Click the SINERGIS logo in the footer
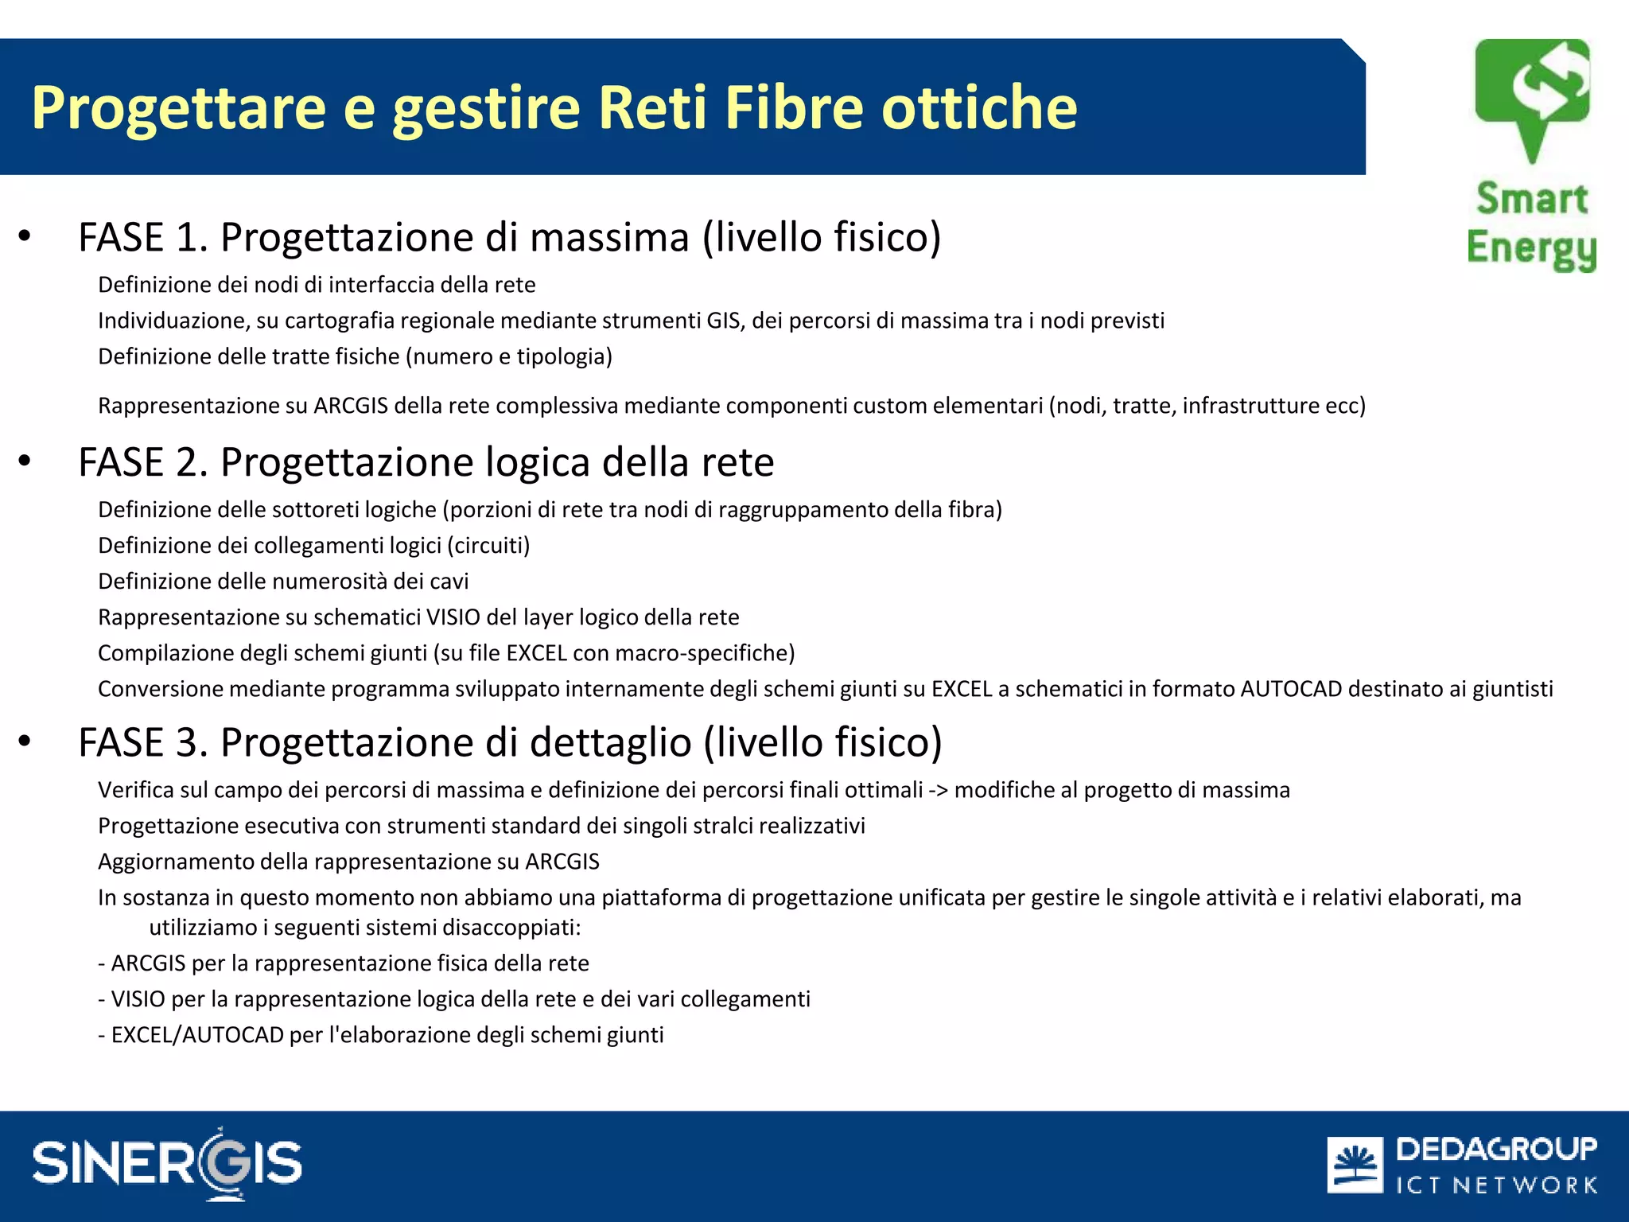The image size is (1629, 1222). coord(167,1163)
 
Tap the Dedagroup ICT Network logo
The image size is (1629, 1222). coord(1462,1165)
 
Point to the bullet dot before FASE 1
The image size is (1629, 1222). coord(25,236)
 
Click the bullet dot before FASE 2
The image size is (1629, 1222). coord(25,461)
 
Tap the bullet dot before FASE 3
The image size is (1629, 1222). coord(25,741)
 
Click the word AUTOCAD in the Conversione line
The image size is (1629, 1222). coord(1291,689)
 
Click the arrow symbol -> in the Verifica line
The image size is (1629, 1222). coord(939,790)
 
